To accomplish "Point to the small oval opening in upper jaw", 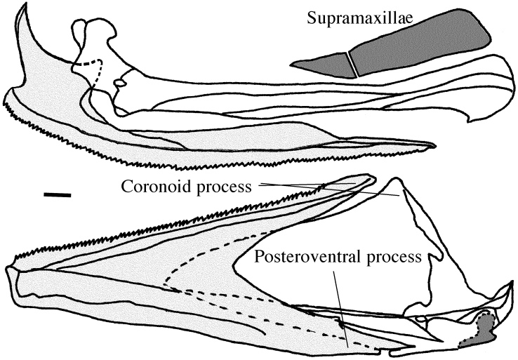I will (120, 84).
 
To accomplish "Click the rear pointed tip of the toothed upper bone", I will (432, 146).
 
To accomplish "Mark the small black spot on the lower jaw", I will (343, 324).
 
